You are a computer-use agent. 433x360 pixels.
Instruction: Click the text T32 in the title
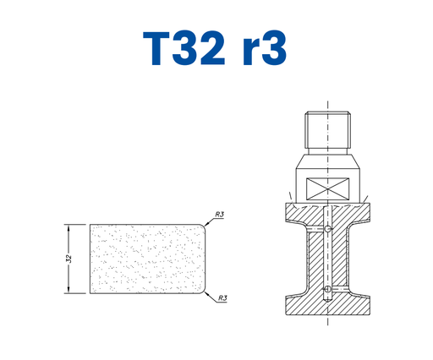184,48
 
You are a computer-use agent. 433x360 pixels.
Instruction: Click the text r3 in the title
265,48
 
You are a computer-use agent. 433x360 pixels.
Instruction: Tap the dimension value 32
69,259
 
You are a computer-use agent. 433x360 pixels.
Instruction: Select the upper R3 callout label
220,215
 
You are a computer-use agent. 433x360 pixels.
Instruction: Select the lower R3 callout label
222,298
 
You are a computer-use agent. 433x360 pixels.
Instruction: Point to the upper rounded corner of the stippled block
203,226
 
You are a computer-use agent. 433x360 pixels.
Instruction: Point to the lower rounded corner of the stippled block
203,292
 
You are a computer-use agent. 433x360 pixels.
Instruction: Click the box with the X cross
327,189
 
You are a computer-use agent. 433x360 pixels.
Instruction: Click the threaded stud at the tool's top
327,130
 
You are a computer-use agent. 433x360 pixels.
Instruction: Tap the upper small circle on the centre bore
327,229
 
